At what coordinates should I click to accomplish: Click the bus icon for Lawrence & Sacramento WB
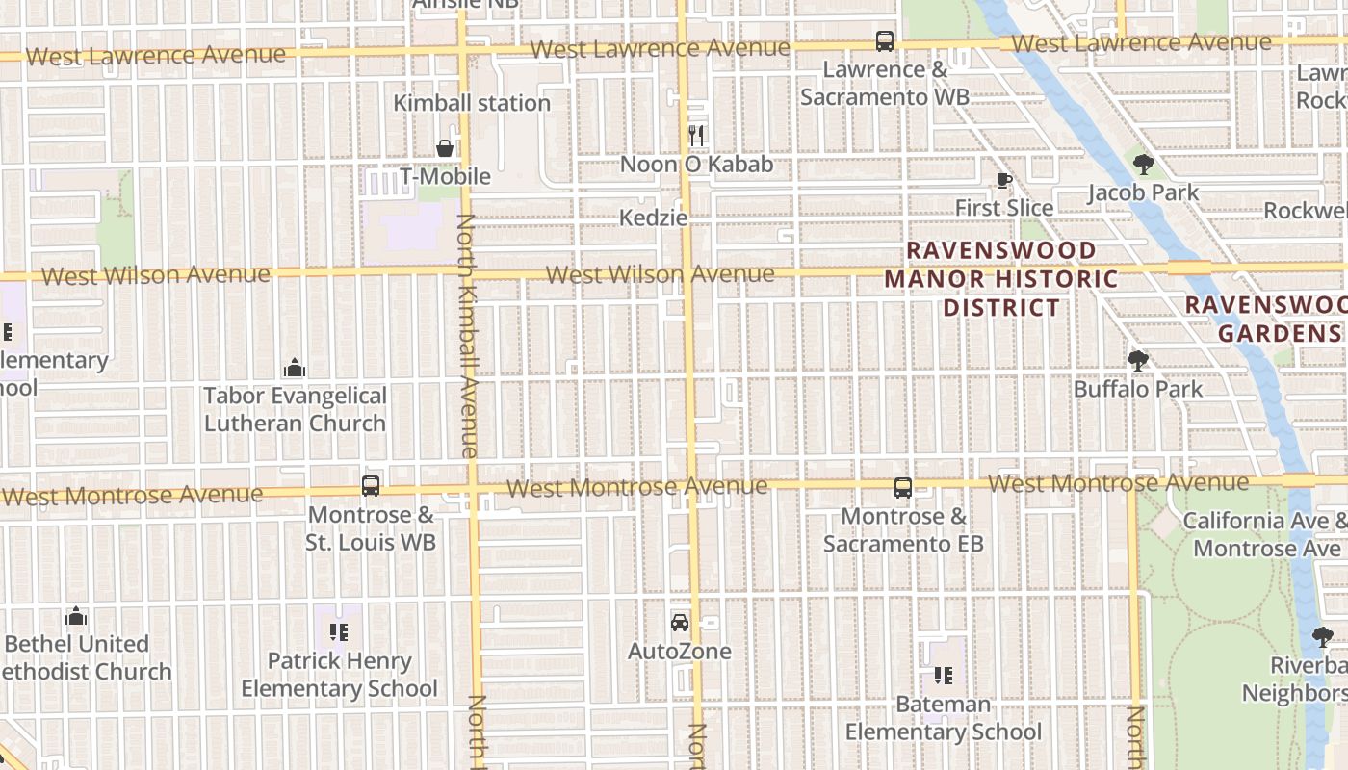point(884,41)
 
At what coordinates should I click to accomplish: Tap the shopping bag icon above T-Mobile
point(445,148)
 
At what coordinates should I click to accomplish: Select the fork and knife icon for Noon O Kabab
point(696,136)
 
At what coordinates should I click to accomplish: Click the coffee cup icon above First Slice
point(1003,180)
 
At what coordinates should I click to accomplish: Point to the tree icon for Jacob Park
point(1143,165)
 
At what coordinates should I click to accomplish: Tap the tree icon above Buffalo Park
point(1138,361)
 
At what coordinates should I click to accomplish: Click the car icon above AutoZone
point(680,623)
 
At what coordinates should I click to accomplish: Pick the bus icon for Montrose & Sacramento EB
point(902,488)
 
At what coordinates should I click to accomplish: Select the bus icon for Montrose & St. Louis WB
point(371,486)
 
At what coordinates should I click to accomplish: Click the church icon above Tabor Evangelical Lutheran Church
point(295,368)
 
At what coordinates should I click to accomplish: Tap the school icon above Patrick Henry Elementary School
point(339,632)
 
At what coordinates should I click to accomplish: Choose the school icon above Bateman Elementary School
point(943,676)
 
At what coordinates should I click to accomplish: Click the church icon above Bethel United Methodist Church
point(76,616)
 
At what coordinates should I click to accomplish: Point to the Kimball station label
point(472,103)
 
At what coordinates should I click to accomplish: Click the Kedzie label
point(654,218)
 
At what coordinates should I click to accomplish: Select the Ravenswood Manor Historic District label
point(1001,279)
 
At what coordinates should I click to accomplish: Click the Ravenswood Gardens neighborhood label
point(1266,320)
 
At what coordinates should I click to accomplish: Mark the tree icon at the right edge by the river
point(1322,636)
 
